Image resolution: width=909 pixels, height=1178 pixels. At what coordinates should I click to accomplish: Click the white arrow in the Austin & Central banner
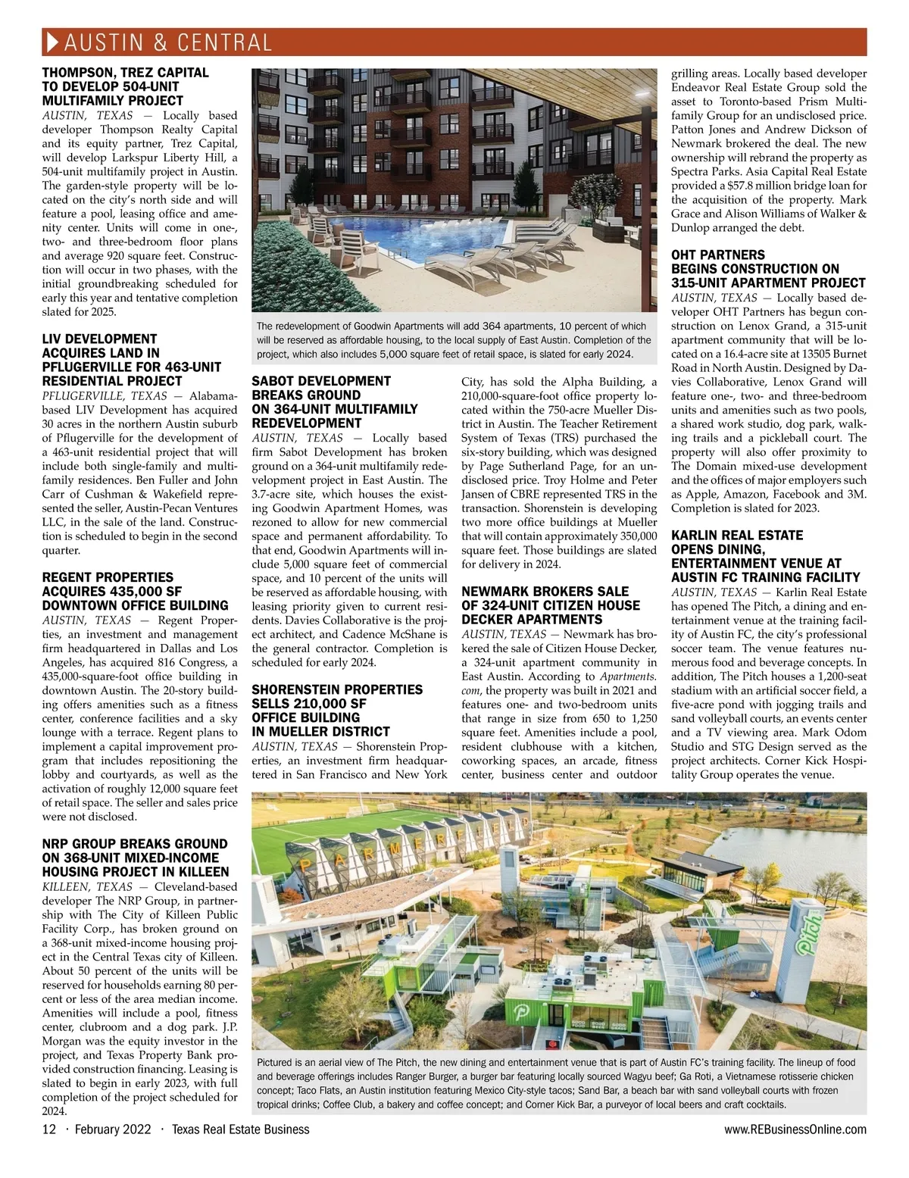52,42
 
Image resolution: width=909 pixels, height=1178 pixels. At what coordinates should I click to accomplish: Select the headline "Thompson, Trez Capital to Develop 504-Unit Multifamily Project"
125,86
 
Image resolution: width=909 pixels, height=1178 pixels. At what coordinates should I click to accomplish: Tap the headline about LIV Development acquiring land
131,360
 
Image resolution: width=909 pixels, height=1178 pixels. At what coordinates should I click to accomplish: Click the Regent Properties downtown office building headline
135,591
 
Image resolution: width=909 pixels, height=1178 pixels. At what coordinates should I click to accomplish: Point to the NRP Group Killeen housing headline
135,858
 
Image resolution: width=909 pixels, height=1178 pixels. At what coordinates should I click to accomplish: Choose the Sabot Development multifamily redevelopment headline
334,402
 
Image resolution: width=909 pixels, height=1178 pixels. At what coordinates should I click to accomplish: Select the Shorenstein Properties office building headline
336,711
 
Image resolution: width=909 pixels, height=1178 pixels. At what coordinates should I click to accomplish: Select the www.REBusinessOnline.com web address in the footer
795,1130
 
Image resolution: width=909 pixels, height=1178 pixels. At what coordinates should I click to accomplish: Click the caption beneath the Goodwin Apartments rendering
454,340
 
